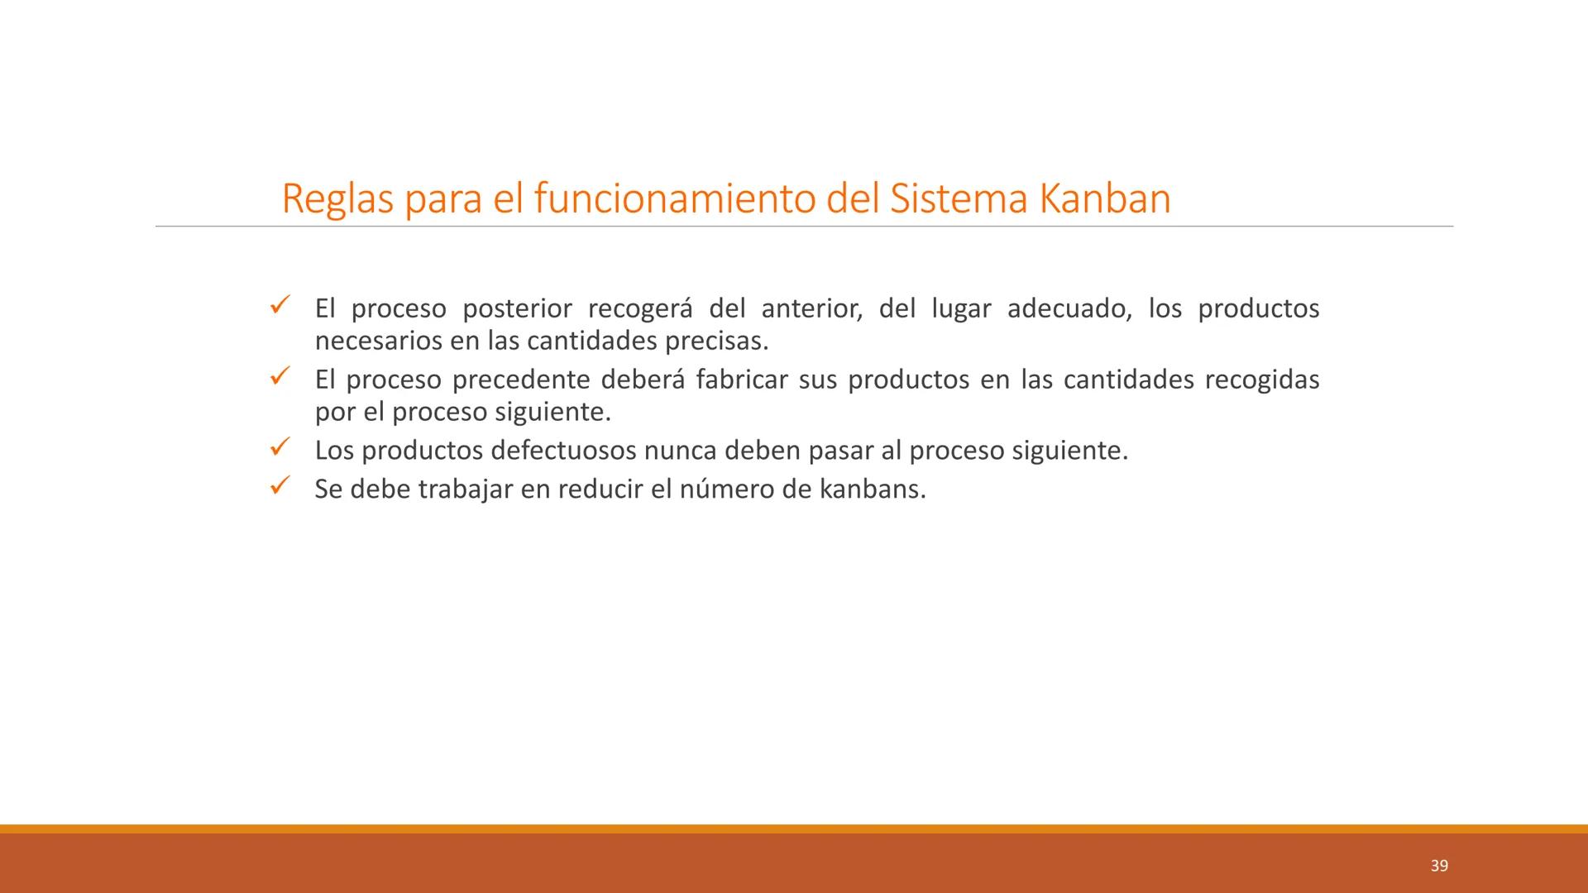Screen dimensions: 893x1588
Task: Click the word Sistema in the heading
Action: pos(959,199)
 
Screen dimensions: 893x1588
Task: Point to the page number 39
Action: pos(1439,865)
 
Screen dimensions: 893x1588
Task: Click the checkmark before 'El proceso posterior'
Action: pos(278,307)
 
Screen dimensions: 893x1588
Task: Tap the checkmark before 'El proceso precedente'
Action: pos(278,378)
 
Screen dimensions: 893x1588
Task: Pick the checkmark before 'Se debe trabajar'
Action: pos(278,487)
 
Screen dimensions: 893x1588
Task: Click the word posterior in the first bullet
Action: pos(517,309)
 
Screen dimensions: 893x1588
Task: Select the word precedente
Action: pos(521,380)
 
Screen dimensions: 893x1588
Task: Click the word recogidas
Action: pos(1262,380)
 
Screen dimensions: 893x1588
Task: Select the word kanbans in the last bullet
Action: pos(873,489)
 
